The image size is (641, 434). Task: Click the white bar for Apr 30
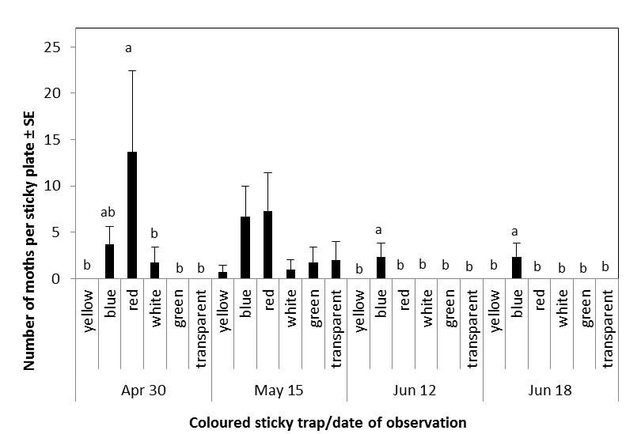coord(155,270)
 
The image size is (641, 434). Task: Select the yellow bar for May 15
coord(223,275)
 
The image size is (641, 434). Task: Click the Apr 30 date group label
coord(143,390)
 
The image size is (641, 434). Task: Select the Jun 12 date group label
coord(415,390)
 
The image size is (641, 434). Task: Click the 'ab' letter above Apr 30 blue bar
coord(109,213)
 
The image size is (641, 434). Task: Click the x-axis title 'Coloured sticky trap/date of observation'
coord(328,422)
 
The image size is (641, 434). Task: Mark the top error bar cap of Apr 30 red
coord(132,71)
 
